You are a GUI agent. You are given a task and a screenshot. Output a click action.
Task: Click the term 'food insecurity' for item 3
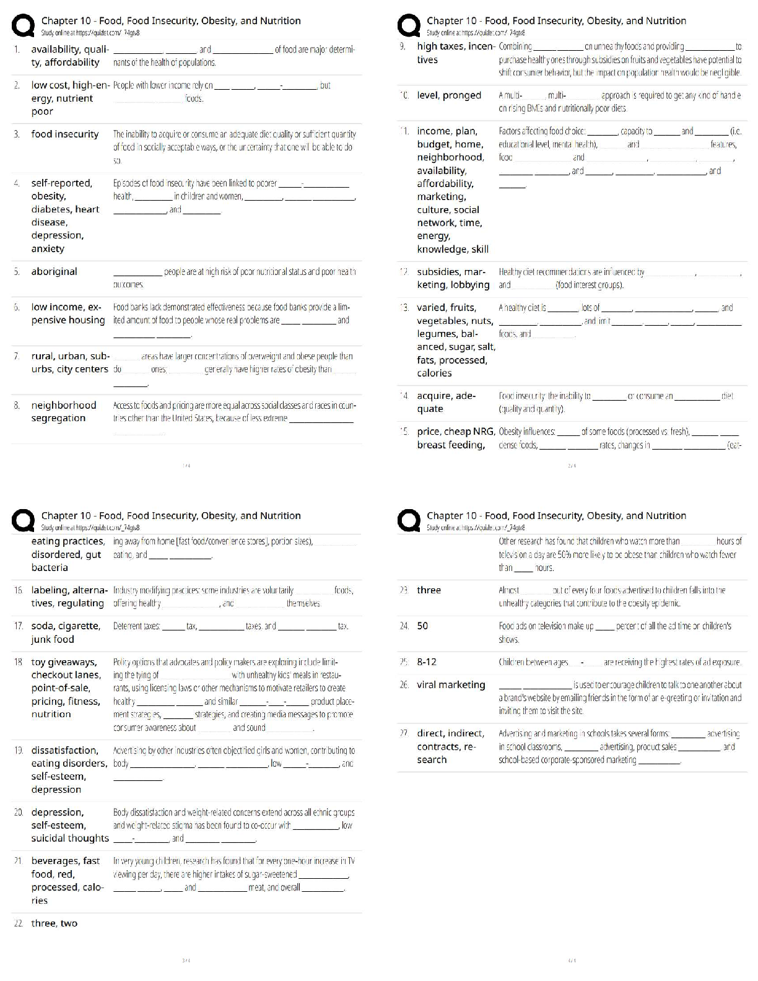click(x=65, y=134)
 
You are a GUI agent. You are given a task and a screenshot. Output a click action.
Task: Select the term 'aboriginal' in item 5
click(x=54, y=272)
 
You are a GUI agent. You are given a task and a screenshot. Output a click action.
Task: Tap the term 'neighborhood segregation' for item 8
click(x=64, y=412)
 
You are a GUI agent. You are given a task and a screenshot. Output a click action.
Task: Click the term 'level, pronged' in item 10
click(x=449, y=95)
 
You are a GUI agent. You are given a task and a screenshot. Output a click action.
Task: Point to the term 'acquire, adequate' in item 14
click(x=446, y=403)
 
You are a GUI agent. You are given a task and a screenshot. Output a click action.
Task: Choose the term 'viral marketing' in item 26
click(x=451, y=685)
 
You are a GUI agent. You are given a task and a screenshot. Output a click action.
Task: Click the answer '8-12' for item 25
click(x=427, y=662)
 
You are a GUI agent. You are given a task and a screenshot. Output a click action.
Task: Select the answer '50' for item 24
click(x=422, y=626)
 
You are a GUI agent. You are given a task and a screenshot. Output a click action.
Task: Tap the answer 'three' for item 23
click(x=429, y=590)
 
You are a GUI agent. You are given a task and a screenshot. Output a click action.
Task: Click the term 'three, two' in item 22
click(x=54, y=923)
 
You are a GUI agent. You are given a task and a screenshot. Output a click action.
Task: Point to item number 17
click(x=18, y=626)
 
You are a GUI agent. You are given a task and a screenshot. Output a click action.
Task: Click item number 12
click(x=404, y=272)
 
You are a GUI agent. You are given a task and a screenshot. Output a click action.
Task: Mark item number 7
click(x=17, y=356)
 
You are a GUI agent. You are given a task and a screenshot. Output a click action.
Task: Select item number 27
click(x=404, y=733)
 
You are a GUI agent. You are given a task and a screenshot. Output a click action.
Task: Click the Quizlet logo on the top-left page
click(x=24, y=26)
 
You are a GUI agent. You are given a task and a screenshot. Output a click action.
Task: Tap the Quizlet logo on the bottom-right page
click(x=409, y=521)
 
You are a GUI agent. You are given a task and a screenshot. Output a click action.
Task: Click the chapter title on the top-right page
click(x=556, y=20)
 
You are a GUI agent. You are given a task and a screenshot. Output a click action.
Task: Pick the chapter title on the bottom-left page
click(x=171, y=515)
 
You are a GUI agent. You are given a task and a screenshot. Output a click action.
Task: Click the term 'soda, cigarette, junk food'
click(x=66, y=633)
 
